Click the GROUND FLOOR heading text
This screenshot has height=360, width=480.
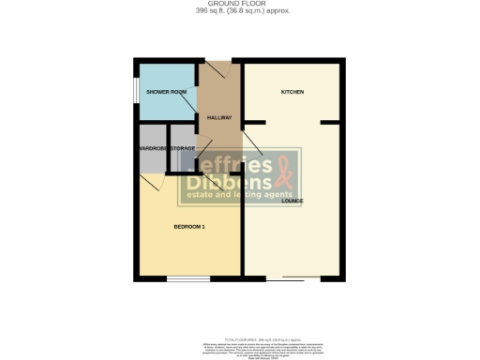[239, 4]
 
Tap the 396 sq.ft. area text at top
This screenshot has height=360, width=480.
[239, 11]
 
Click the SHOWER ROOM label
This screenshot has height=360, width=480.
[166, 92]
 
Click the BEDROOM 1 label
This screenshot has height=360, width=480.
[189, 227]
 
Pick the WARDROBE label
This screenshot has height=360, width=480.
[153, 148]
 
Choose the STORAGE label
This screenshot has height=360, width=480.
[183, 148]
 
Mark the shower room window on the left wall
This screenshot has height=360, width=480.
[135, 92]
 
